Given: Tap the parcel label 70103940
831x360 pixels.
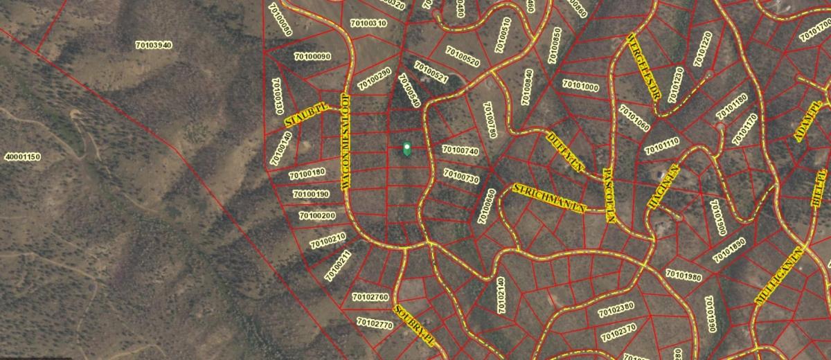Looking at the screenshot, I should click(x=154, y=45).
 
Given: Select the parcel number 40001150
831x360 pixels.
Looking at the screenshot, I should click(x=22, y=157).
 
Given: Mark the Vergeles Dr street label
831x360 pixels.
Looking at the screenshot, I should click(x=643, y=66).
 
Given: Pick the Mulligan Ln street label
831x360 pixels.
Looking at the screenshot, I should click(x=780, y=275).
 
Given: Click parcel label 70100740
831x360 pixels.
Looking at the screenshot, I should click(x=461, y=151).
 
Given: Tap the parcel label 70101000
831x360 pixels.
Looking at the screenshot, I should click(x=580, y=87).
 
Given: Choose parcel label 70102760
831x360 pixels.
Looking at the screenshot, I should click(x=370, y=297).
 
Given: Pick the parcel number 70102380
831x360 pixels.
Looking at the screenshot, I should click(x=616, y=307).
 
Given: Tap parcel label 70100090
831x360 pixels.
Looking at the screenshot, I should click(x=312, y=56).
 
